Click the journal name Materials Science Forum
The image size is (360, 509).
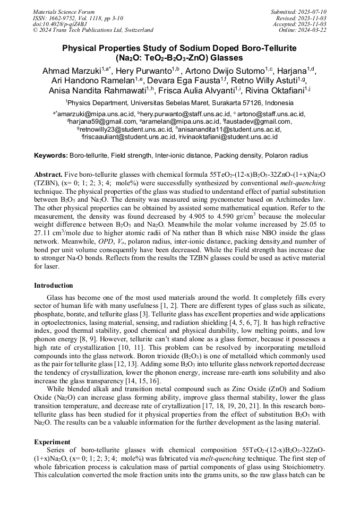coord(64,12)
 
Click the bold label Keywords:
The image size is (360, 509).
coord(51,156)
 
